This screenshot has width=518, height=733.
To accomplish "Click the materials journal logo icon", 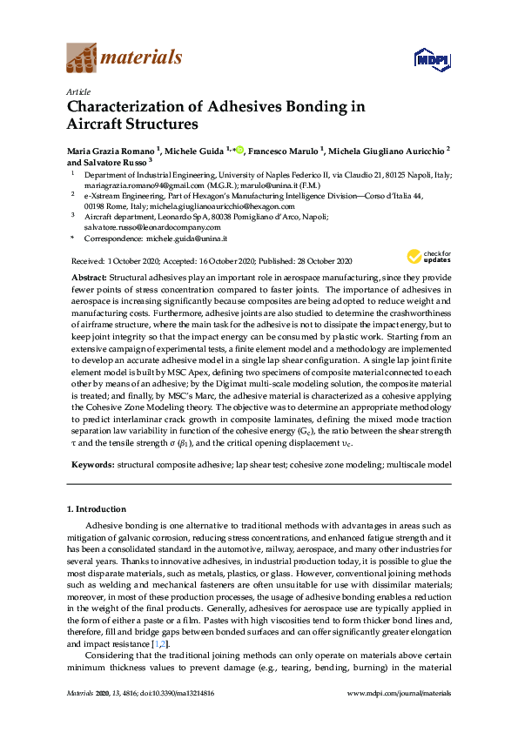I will pyautogui.click(x=80, y=59).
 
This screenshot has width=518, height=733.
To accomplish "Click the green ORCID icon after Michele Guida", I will pyautogui.click(x=239, y=150).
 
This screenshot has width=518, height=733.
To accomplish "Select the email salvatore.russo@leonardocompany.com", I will pyautogui.click(x=149, y=227).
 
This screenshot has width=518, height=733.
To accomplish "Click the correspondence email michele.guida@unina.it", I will pyautogui.click(x=188, y=239).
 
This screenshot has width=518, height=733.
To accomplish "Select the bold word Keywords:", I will pyautogui.click(x=91, y=465).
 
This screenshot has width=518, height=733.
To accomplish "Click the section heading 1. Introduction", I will pyautogui.click(x=96, y=508).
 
